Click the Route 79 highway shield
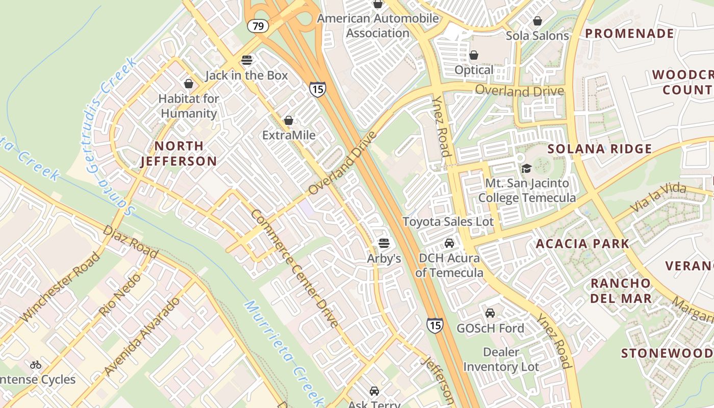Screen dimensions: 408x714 click(x=258, y=25)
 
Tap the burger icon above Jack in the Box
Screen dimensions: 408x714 click(x=247, y=60)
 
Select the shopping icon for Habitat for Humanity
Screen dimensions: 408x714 click(x=189, y=83)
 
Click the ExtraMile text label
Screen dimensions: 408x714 click(x=289, y=135)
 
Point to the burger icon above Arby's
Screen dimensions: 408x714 click(x=384, y=243)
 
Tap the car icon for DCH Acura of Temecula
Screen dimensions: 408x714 click(x=449, y=243)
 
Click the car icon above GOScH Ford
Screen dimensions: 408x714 click(x=490, y=313)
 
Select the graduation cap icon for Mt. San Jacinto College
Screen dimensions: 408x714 click(x=526, y=168)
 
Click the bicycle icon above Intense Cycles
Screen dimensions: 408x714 click(x=36, y=364)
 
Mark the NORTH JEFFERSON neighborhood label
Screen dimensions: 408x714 click(x=178, y=154)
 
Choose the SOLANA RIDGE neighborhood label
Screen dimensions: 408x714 click(x=600, y=149)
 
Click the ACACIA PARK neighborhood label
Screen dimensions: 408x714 click(x=582, y=243)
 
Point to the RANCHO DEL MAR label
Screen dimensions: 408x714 click(x=621, y=291)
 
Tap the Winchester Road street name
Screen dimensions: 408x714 click(x=60, y=287)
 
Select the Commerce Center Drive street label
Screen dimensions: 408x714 click(x=294, y=268)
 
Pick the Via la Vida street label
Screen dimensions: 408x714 click(x=659, y=199)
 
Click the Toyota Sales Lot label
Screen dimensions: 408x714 click(x=448, y=221)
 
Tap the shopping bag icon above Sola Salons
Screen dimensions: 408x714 click(x=537, y=21)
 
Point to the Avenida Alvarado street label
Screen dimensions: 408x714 click(x=142, y=336)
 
